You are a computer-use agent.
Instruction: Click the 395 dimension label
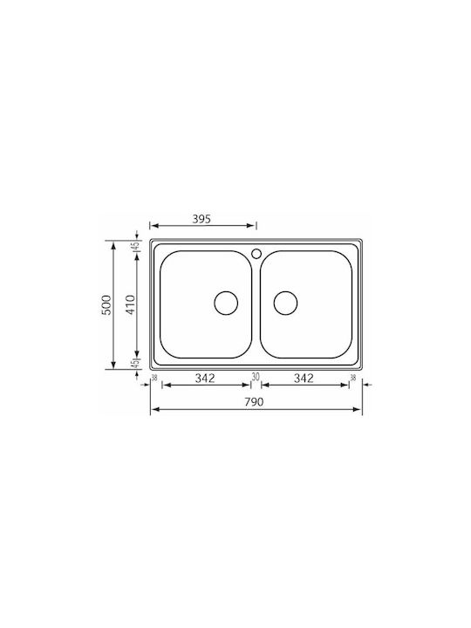click(x=201, y=219)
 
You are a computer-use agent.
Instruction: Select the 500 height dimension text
click(x=106, y=304)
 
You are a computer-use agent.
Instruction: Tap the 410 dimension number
click(x=131, y=304)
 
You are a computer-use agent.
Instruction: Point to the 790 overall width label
click(x=255, y=402)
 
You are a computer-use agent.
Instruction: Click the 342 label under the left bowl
click(x=205, y=378)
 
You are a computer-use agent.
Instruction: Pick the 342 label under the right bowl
click(x=304, y=378)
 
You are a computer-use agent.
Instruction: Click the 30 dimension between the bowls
click(x=256, y=377)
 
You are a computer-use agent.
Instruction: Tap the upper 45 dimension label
click(x=136, y=246)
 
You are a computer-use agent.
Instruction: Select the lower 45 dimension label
click(x=136, y=364)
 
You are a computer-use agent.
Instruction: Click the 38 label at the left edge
click(x=154, y=378)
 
